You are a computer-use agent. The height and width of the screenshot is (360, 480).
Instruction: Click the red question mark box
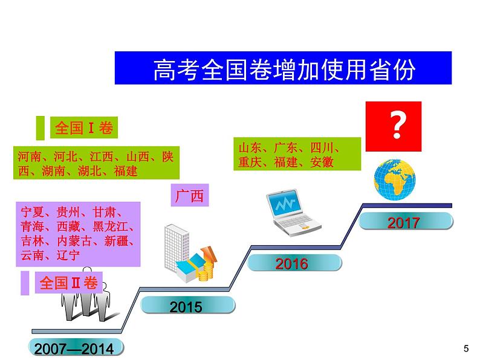(397, 126)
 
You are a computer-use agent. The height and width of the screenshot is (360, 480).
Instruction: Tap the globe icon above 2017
(395, 179)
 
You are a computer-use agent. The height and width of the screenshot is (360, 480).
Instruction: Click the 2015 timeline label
(186, 307)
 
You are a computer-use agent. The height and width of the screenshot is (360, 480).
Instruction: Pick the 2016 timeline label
(291, 264)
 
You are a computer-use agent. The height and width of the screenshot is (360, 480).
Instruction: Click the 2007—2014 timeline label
(74, 349)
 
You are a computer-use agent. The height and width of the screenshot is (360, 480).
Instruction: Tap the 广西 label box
(190, 196)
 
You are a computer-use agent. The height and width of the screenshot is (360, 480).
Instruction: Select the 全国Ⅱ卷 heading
(68, 283)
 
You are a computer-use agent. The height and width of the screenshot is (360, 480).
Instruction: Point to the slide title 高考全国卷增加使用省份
(283, 69)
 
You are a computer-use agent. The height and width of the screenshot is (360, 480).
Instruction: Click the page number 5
(465, 348)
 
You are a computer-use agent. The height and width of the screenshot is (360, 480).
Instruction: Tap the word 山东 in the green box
(250, 148)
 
